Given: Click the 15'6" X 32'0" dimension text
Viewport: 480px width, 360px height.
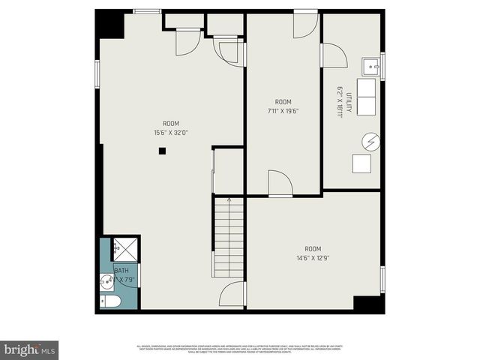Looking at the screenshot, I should click(172, 133).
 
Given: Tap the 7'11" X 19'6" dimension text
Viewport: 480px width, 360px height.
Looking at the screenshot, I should click(283, 111).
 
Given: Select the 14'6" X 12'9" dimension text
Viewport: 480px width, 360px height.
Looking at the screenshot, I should click(312, 258).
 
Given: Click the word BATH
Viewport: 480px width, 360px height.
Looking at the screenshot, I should click(121, 270).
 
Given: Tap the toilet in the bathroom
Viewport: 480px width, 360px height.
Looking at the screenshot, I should click(111, 301).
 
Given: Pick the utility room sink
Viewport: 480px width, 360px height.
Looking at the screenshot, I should click(370, 67).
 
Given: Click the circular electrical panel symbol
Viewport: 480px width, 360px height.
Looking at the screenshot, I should click(370, 141).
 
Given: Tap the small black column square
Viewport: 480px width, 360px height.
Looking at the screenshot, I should click(162, 151).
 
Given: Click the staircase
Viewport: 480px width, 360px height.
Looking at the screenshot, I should click(229, 236).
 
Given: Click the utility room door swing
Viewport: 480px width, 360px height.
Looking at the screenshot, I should click(334, 55).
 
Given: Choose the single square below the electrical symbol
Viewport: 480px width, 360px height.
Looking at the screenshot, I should click(361, 164).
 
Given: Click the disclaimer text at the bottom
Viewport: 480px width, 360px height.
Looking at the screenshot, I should click(240, 349).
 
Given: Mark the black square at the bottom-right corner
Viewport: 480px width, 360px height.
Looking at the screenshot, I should click(368, 304).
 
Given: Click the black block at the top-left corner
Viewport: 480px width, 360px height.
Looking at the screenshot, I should click(110, 24).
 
